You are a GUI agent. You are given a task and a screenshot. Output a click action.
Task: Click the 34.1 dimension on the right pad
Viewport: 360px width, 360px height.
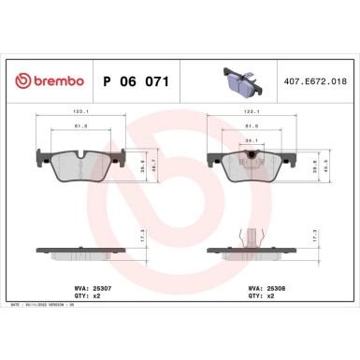click(x=250, y=141)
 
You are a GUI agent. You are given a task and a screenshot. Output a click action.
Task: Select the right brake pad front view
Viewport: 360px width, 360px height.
click(x=251, y=166)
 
